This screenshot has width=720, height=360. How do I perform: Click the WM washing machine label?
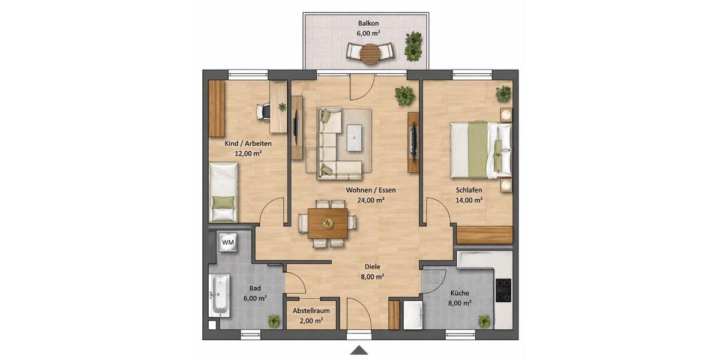point(228,242)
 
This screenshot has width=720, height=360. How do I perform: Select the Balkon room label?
point(368,23)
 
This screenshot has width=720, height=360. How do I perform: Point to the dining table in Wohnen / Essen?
point(328,223)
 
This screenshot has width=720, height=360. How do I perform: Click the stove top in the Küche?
point(503,291)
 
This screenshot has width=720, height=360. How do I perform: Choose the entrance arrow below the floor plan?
point(359,350)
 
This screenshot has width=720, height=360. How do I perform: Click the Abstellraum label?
point(311,311)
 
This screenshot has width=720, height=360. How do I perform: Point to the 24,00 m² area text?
point(370,200)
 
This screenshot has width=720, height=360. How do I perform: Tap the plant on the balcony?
point(413,46)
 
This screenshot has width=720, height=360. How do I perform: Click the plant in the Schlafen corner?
point(503,94)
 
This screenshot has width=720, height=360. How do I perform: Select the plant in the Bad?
point(274,321)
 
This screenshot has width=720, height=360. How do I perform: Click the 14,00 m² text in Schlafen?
point(469,201)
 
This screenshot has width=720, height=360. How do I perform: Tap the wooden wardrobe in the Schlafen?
point(485,234)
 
